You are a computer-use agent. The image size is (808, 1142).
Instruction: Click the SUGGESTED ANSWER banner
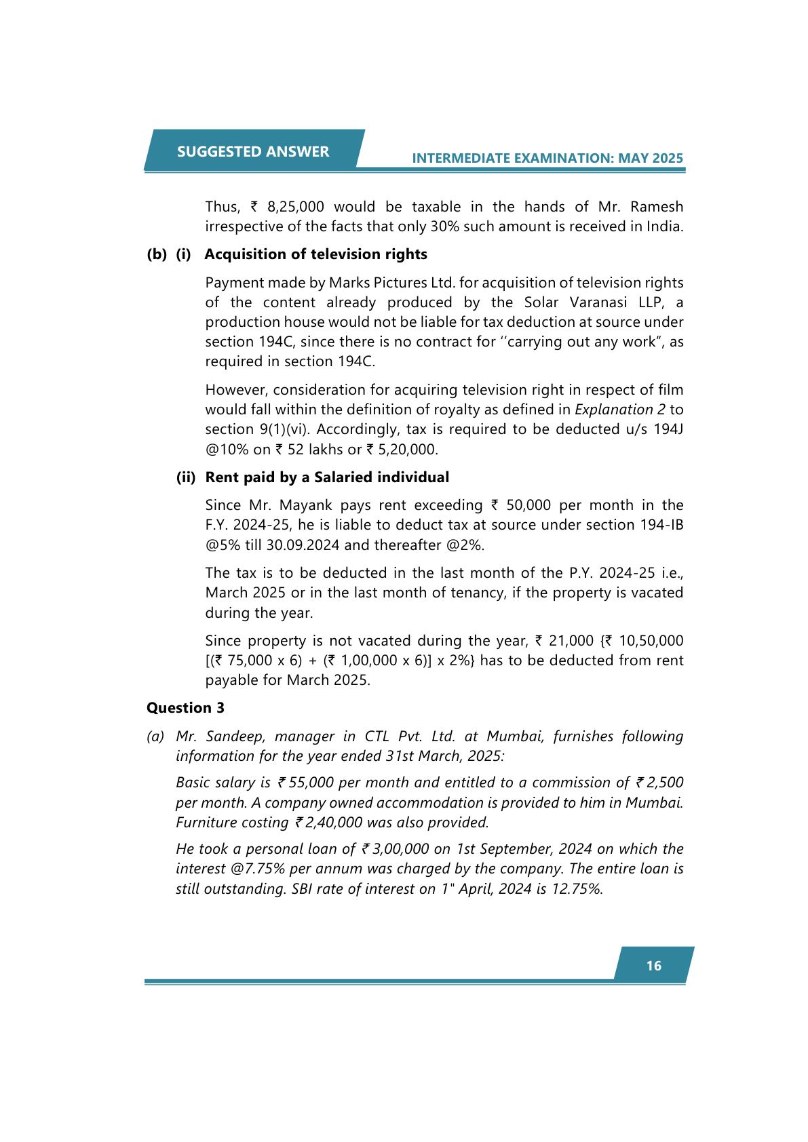[253, 151]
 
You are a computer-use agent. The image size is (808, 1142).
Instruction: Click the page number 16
[653, 966]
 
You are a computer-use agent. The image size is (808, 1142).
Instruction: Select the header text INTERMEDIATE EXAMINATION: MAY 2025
[547, 158]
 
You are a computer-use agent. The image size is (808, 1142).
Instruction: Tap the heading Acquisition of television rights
[315, 254]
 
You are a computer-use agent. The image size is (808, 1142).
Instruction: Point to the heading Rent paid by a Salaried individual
[327, 477]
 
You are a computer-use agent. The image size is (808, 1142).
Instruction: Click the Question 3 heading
[185, 708]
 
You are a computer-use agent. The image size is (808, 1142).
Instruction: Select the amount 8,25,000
[295, 207]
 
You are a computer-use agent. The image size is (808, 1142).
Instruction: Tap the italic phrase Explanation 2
[619, 410]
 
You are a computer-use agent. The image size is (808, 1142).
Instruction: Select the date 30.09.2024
[303, 545]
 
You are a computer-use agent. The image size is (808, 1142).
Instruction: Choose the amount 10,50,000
[651, 641]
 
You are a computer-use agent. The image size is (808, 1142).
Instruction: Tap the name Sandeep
[236, 736]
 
